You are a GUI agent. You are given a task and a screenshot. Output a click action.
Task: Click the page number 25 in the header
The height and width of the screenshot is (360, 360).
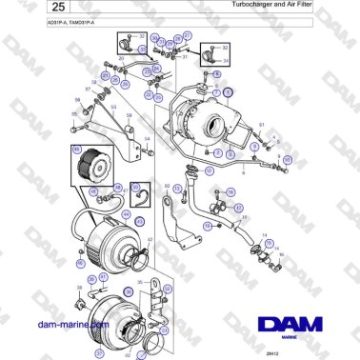tap(29, 9)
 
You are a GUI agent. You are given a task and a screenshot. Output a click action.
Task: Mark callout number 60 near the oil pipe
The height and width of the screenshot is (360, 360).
tap(167, 186)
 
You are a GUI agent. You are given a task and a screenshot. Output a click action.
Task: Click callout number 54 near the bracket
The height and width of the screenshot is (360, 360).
tap(148, 139)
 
